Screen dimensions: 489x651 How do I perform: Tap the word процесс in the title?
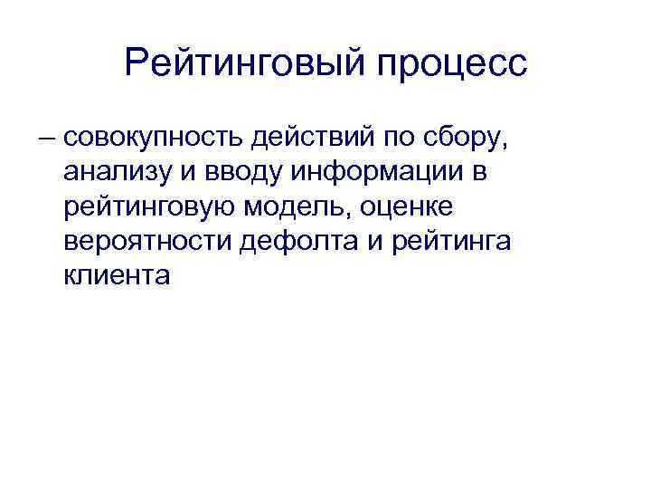point(446,62)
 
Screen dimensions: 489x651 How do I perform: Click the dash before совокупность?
point(46,140)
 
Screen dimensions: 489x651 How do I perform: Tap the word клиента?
point(117,275)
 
